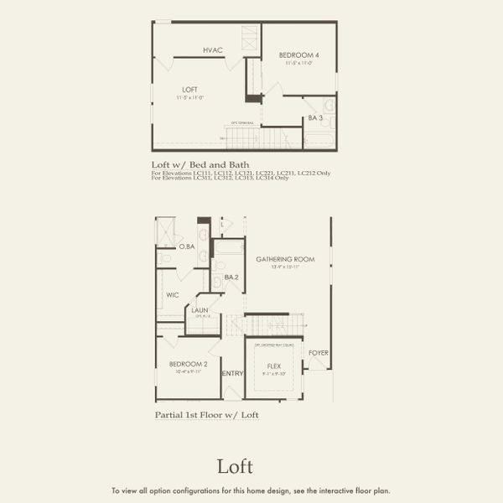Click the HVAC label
pos(212,50)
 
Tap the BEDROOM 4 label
pos(298,56)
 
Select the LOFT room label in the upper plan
pos(191,89)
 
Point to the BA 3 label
pos(315,118)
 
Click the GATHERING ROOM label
pos(285,260)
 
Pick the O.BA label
pos(187,246)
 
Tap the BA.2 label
pos(231,277)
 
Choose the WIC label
pos(173,295)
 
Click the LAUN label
pos(200,310)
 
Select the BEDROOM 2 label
pos(187,364)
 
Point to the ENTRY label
pos(232,373)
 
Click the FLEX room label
pos(274,366)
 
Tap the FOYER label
pos(319,353)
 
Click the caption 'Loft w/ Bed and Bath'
pos(200,165)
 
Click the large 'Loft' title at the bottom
pos(235,466)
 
